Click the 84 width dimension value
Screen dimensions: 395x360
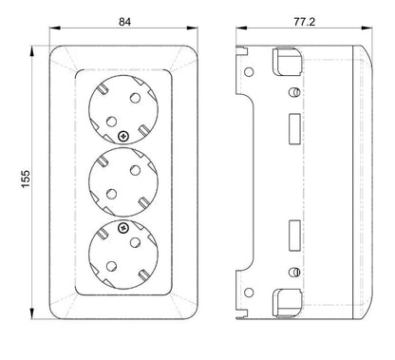tap(124, 22)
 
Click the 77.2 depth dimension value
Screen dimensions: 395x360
tap(305, 22)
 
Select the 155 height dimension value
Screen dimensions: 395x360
tap(26, 179)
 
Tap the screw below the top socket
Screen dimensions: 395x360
tap(123, 137)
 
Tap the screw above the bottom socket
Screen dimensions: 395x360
tap(123, 228)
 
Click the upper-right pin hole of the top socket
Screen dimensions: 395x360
tap(135, 98)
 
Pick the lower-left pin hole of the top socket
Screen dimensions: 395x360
tap(111, 122)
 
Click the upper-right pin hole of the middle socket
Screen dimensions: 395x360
tap(135, 170)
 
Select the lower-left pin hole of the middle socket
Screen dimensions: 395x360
tap(111, 194)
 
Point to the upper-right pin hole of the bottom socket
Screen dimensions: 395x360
tap(135, 242)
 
